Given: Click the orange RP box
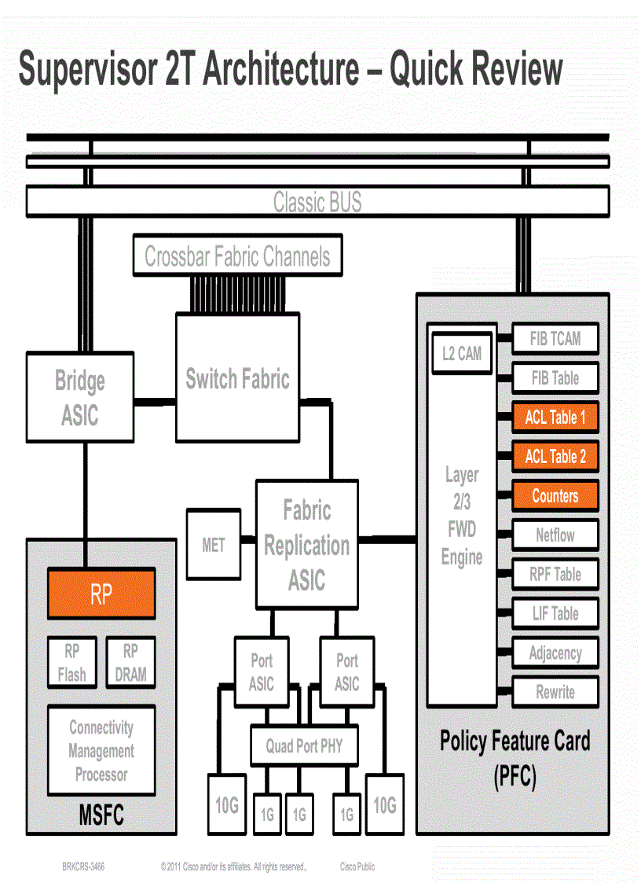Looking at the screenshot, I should (x=101, y=594).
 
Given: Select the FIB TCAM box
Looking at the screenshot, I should (x=555, y=339).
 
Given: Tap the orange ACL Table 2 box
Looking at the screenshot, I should (x=555, y=456).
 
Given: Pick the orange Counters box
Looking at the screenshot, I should (x=555, y=495).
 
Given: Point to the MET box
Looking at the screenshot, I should (x=213, y=544).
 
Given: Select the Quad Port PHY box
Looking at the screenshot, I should (x=303, y=745).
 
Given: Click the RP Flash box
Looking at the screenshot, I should (x=71, y=663).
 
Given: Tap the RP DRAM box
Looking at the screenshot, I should (x=130, y=663).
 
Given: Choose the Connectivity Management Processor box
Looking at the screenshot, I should (x=101, y=750).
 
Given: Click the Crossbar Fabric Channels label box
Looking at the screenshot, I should (x=237, y=256).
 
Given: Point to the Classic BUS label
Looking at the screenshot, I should (x=317, y=202).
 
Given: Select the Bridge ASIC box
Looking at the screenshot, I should (x=79, y=397).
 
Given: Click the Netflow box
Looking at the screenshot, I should (x=555, y=535).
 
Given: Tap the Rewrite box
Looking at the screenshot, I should (x=555, y=692).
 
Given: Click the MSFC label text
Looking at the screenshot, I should (x=101, y=815).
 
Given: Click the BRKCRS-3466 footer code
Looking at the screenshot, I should (x=83, y=866).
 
